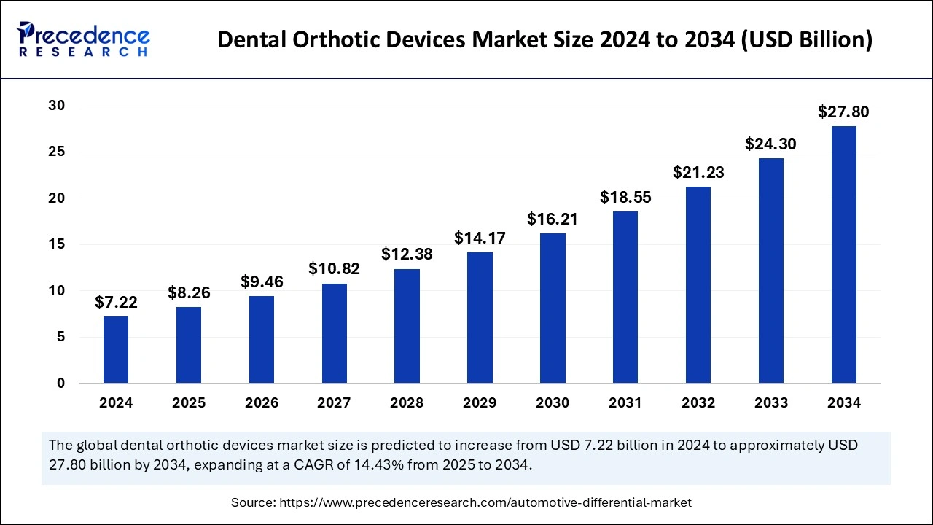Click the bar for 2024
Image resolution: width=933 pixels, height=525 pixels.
[x=116, y=350]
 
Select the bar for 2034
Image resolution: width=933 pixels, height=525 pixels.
[x=843, y=254]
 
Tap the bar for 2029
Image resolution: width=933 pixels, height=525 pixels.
[x=480, y=318]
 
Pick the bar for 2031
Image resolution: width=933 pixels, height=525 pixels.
[x=625, y=297]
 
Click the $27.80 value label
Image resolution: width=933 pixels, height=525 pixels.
[x=843, y=112]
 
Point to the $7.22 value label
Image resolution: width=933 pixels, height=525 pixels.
[x=116, y=302]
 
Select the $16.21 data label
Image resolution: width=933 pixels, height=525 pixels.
[x=552, y=219]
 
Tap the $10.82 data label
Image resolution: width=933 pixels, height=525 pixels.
[x=335, y=269]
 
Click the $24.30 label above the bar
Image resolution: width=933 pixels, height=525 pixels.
[x=770, y=144]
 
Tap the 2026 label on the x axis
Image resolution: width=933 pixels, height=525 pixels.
[x=262, y=403]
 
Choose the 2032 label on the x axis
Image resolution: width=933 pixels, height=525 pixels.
[x=698, y=403]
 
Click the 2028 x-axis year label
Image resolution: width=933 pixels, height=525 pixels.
[x=407, y=403]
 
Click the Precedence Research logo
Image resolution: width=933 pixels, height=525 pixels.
[x=84, y=39]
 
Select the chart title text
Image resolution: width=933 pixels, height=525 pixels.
[x=544, y=40]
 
